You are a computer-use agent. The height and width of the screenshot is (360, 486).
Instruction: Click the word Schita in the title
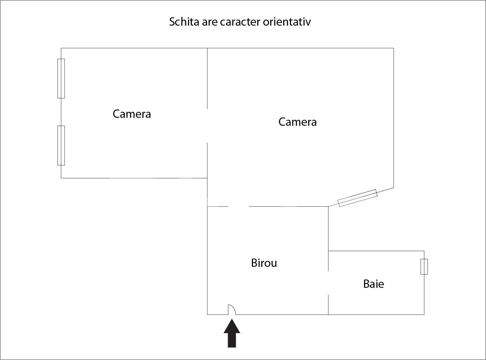(x=184, y=22)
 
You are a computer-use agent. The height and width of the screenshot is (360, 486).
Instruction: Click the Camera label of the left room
(x=132, y=114)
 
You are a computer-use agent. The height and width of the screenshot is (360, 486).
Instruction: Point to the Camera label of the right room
(x=297, y=122)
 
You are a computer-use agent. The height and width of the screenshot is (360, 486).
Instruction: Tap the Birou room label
(x=264, y=263)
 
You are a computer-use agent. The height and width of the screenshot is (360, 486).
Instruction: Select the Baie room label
(x=373, y=284)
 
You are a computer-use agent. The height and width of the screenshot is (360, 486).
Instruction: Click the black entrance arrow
(x=232, y=333)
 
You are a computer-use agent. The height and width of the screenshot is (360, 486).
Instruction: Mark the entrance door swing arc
(x=232, y=309)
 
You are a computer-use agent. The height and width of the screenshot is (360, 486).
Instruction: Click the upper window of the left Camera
(x=61, y=79)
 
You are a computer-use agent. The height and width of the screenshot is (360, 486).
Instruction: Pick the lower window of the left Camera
(x=61, y=145)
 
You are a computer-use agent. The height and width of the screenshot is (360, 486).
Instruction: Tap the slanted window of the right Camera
(x=358, y=198)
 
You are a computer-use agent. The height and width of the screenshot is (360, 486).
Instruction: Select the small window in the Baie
(x=424, y=267)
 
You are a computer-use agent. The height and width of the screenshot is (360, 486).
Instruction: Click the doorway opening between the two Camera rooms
(x=207, y=126)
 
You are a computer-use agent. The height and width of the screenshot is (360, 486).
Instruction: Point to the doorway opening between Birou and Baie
(x=328, y=283)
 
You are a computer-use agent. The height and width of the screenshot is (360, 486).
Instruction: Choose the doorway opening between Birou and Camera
(x=239, y=206)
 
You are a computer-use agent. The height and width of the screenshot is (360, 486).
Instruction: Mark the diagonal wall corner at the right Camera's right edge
(x=393, y=188)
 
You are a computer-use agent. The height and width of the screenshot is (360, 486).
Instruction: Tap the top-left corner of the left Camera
(x=61, y=48)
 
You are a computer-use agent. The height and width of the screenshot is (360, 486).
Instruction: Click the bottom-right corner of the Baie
(x=424, y=315)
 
